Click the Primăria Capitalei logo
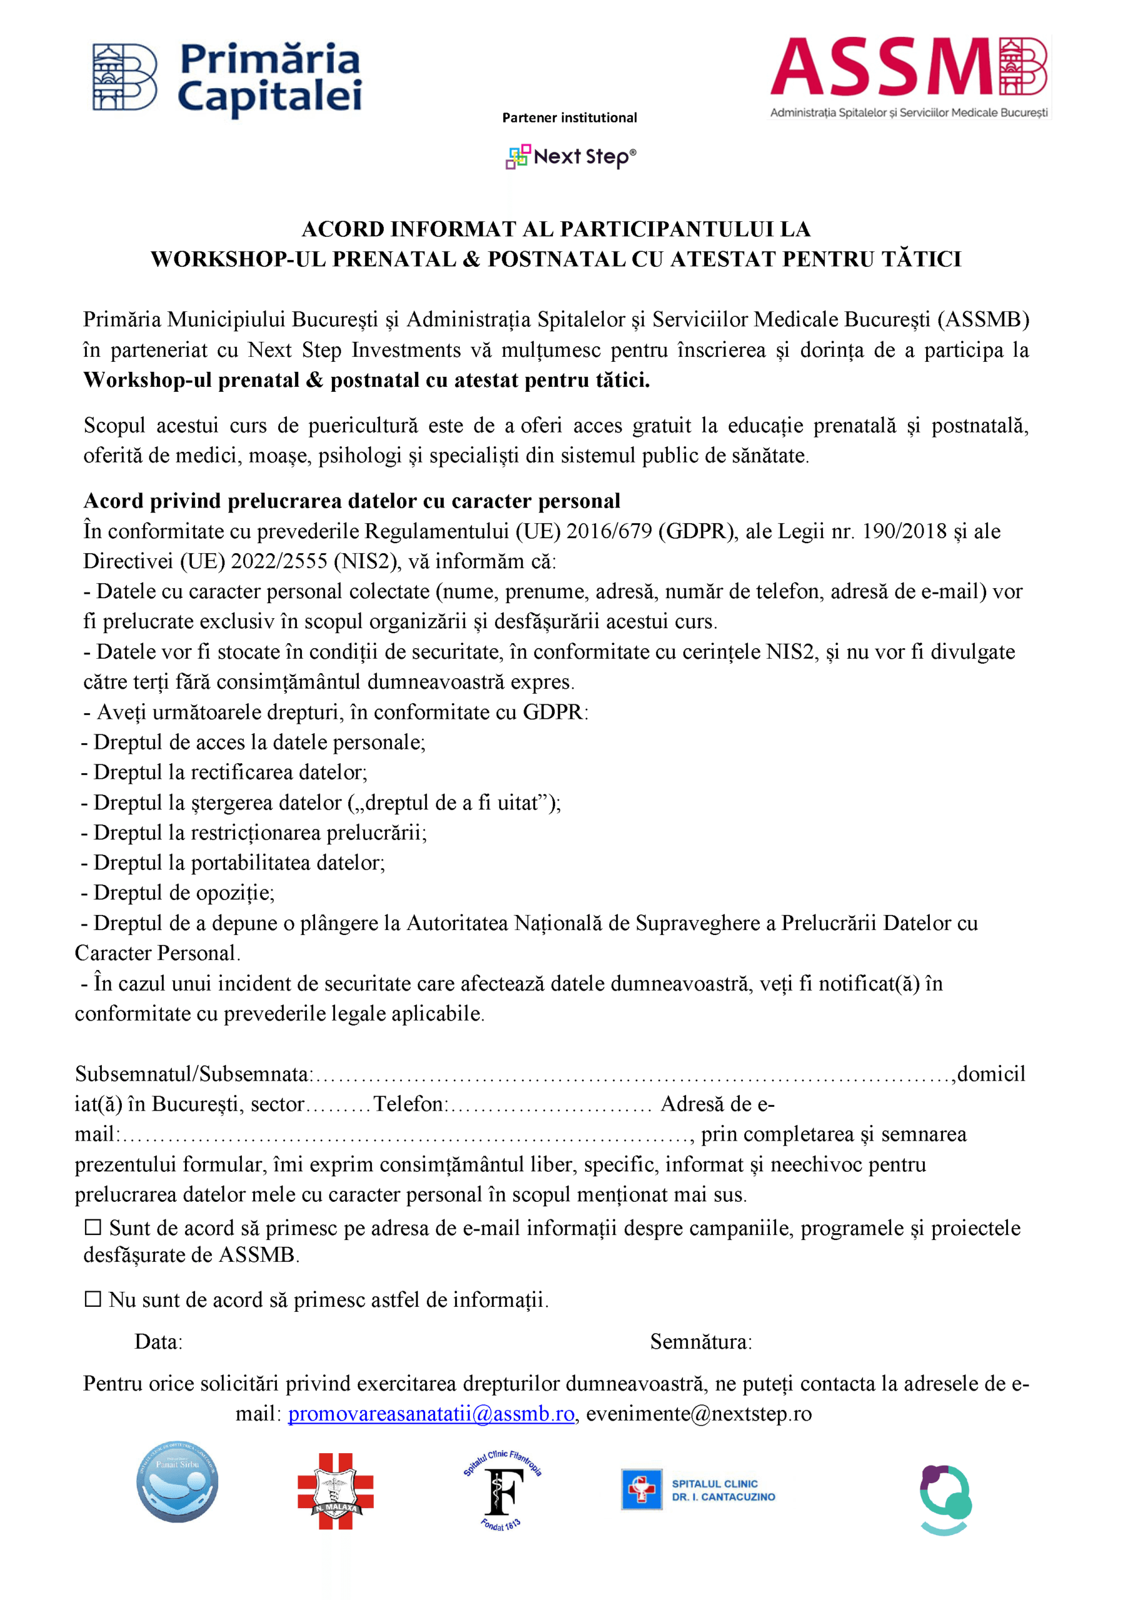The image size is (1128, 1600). (x=227, y=78)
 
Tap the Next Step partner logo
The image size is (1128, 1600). (x=570, y=157)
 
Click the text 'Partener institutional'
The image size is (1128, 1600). (x=569, y=117)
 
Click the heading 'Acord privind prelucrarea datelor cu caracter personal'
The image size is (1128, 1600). (x=351, y=501)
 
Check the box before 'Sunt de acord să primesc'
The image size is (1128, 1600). (x=93, y=1227)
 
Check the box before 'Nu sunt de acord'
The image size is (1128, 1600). (x=93, y=1299)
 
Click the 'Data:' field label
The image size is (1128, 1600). (x=158, y=1341)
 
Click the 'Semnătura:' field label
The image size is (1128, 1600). (x=701, y=1341)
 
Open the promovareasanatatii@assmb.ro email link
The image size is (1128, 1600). (x=431, y=1414)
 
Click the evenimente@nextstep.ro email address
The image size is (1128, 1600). (x=698, y=1414)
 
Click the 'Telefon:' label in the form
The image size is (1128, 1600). (x=411, y=1104)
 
